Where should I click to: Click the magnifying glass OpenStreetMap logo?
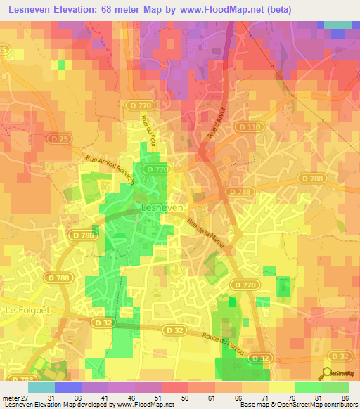tap(327, 373)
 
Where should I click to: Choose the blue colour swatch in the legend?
tap(67, 387)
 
